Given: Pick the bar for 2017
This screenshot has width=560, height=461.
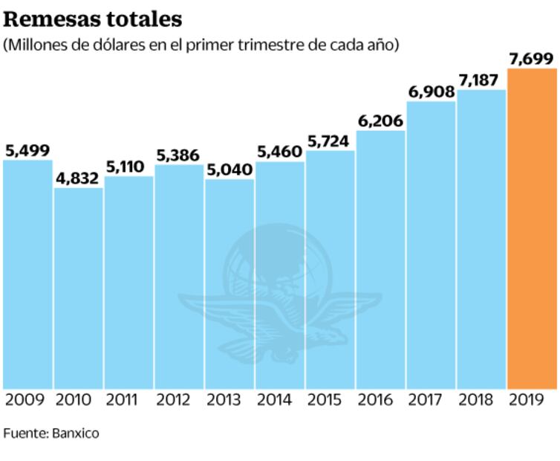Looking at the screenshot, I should coord(431,245).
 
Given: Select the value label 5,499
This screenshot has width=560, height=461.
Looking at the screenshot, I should coord(27,150).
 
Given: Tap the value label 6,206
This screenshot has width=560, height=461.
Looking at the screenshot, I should coord(380,120).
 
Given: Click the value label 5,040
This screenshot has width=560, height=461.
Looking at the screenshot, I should coord(229,170).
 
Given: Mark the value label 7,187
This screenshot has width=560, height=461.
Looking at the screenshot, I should coord(481,80).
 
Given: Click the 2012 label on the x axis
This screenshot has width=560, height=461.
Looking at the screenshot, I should coord(179,401).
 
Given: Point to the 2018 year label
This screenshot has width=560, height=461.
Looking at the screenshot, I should coord(481,401).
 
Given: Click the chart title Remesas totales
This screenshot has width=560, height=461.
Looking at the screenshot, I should coord(92,18).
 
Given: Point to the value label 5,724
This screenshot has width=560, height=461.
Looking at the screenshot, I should coord(330,141).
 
